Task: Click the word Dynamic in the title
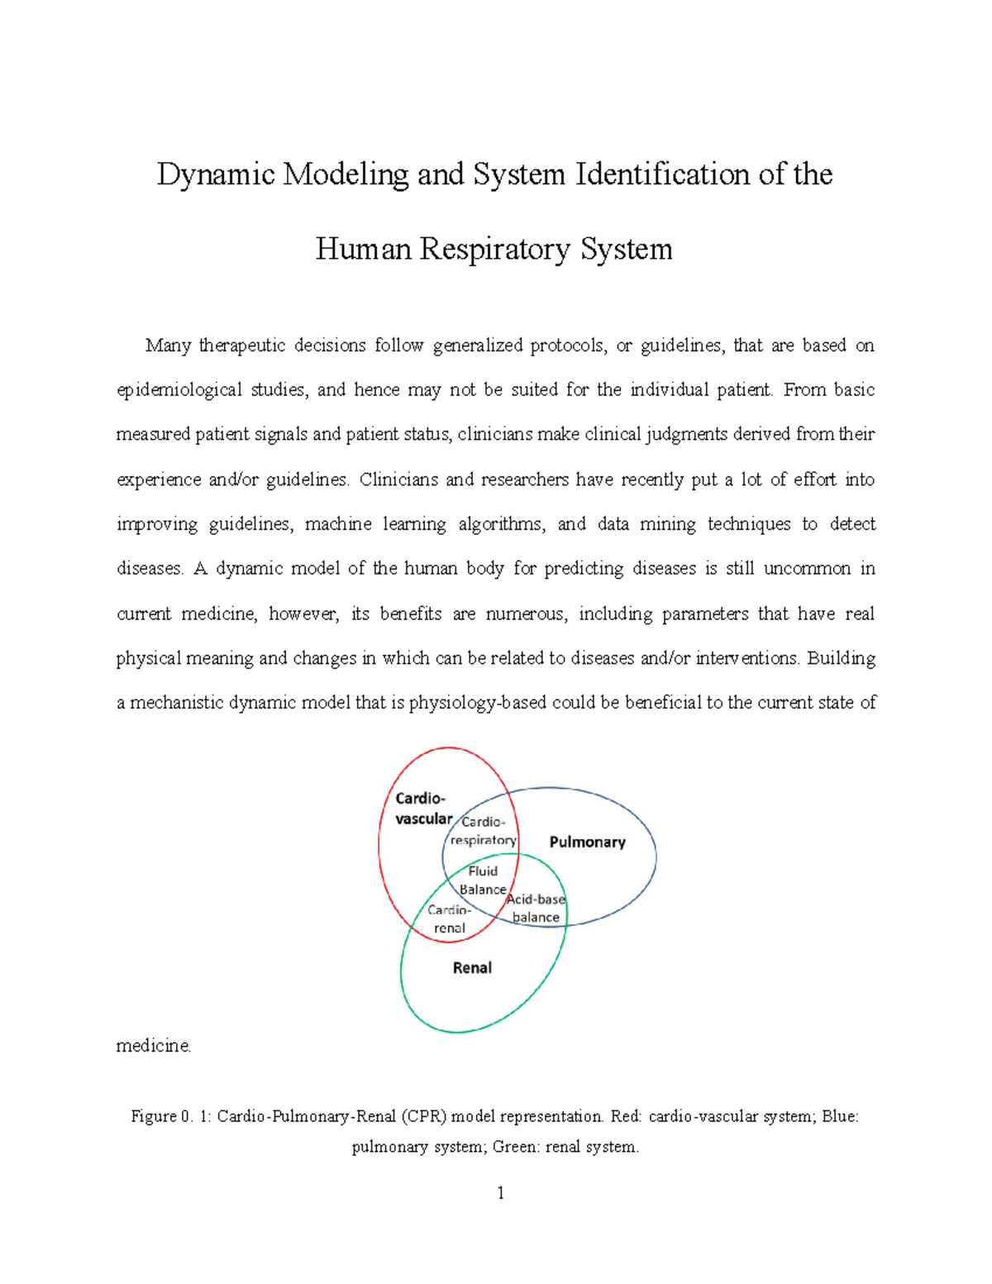coord(216,174)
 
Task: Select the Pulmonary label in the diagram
coord(587,842)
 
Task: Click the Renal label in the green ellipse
coord(472,967)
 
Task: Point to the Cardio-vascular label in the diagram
coord(423,809)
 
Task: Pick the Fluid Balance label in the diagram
coord(483,881)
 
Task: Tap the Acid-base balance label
coord(536,908)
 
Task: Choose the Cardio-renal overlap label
coord(450,919)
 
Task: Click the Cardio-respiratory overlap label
coord(484,831)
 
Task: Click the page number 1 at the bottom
coord(500,1192)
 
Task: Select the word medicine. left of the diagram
coord(154,1046)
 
